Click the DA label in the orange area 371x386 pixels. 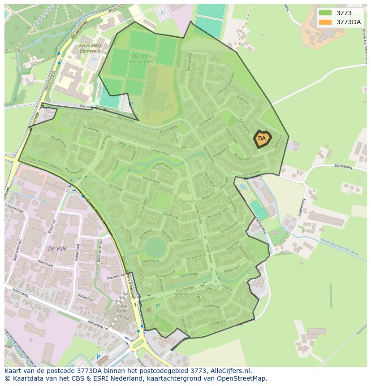tap(262, 139)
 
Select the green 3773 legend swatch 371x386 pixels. tap(325, 13)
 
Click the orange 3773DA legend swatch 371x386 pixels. tap(325, 22)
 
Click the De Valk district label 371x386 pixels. tap(57, 248)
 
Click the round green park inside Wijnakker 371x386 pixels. tap(155, 247)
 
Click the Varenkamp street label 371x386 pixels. tap(189, 274)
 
